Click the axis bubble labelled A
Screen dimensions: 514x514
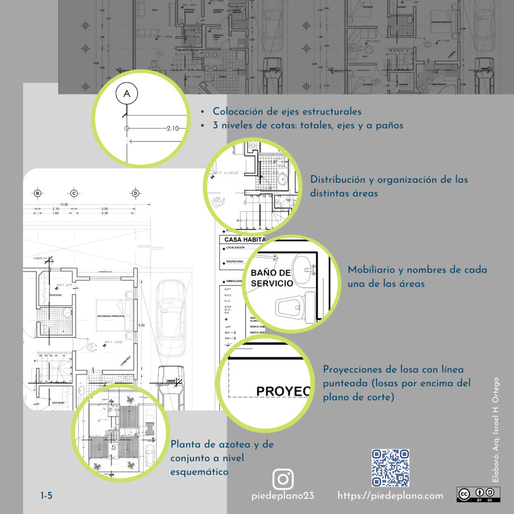click(126, 93)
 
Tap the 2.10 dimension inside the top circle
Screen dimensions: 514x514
click(173, 128)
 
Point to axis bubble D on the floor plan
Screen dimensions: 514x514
click(135, 193)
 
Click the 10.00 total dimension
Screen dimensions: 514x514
click(64, 204)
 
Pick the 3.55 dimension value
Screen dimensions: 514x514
click(104, 209)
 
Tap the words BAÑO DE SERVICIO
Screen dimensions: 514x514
click(271, 278)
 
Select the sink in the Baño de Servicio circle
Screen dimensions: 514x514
click(303, 266)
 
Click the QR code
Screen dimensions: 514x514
click(390, 468)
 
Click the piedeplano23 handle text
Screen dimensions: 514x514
click(283, 496)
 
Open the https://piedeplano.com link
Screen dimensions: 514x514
click(390, 496)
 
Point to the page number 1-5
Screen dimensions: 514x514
click(46, 496)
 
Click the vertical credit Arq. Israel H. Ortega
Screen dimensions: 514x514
click(495, 430)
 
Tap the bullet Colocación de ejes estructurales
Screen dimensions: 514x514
click(287, 112)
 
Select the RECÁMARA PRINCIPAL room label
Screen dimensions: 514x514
click(111, 316)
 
